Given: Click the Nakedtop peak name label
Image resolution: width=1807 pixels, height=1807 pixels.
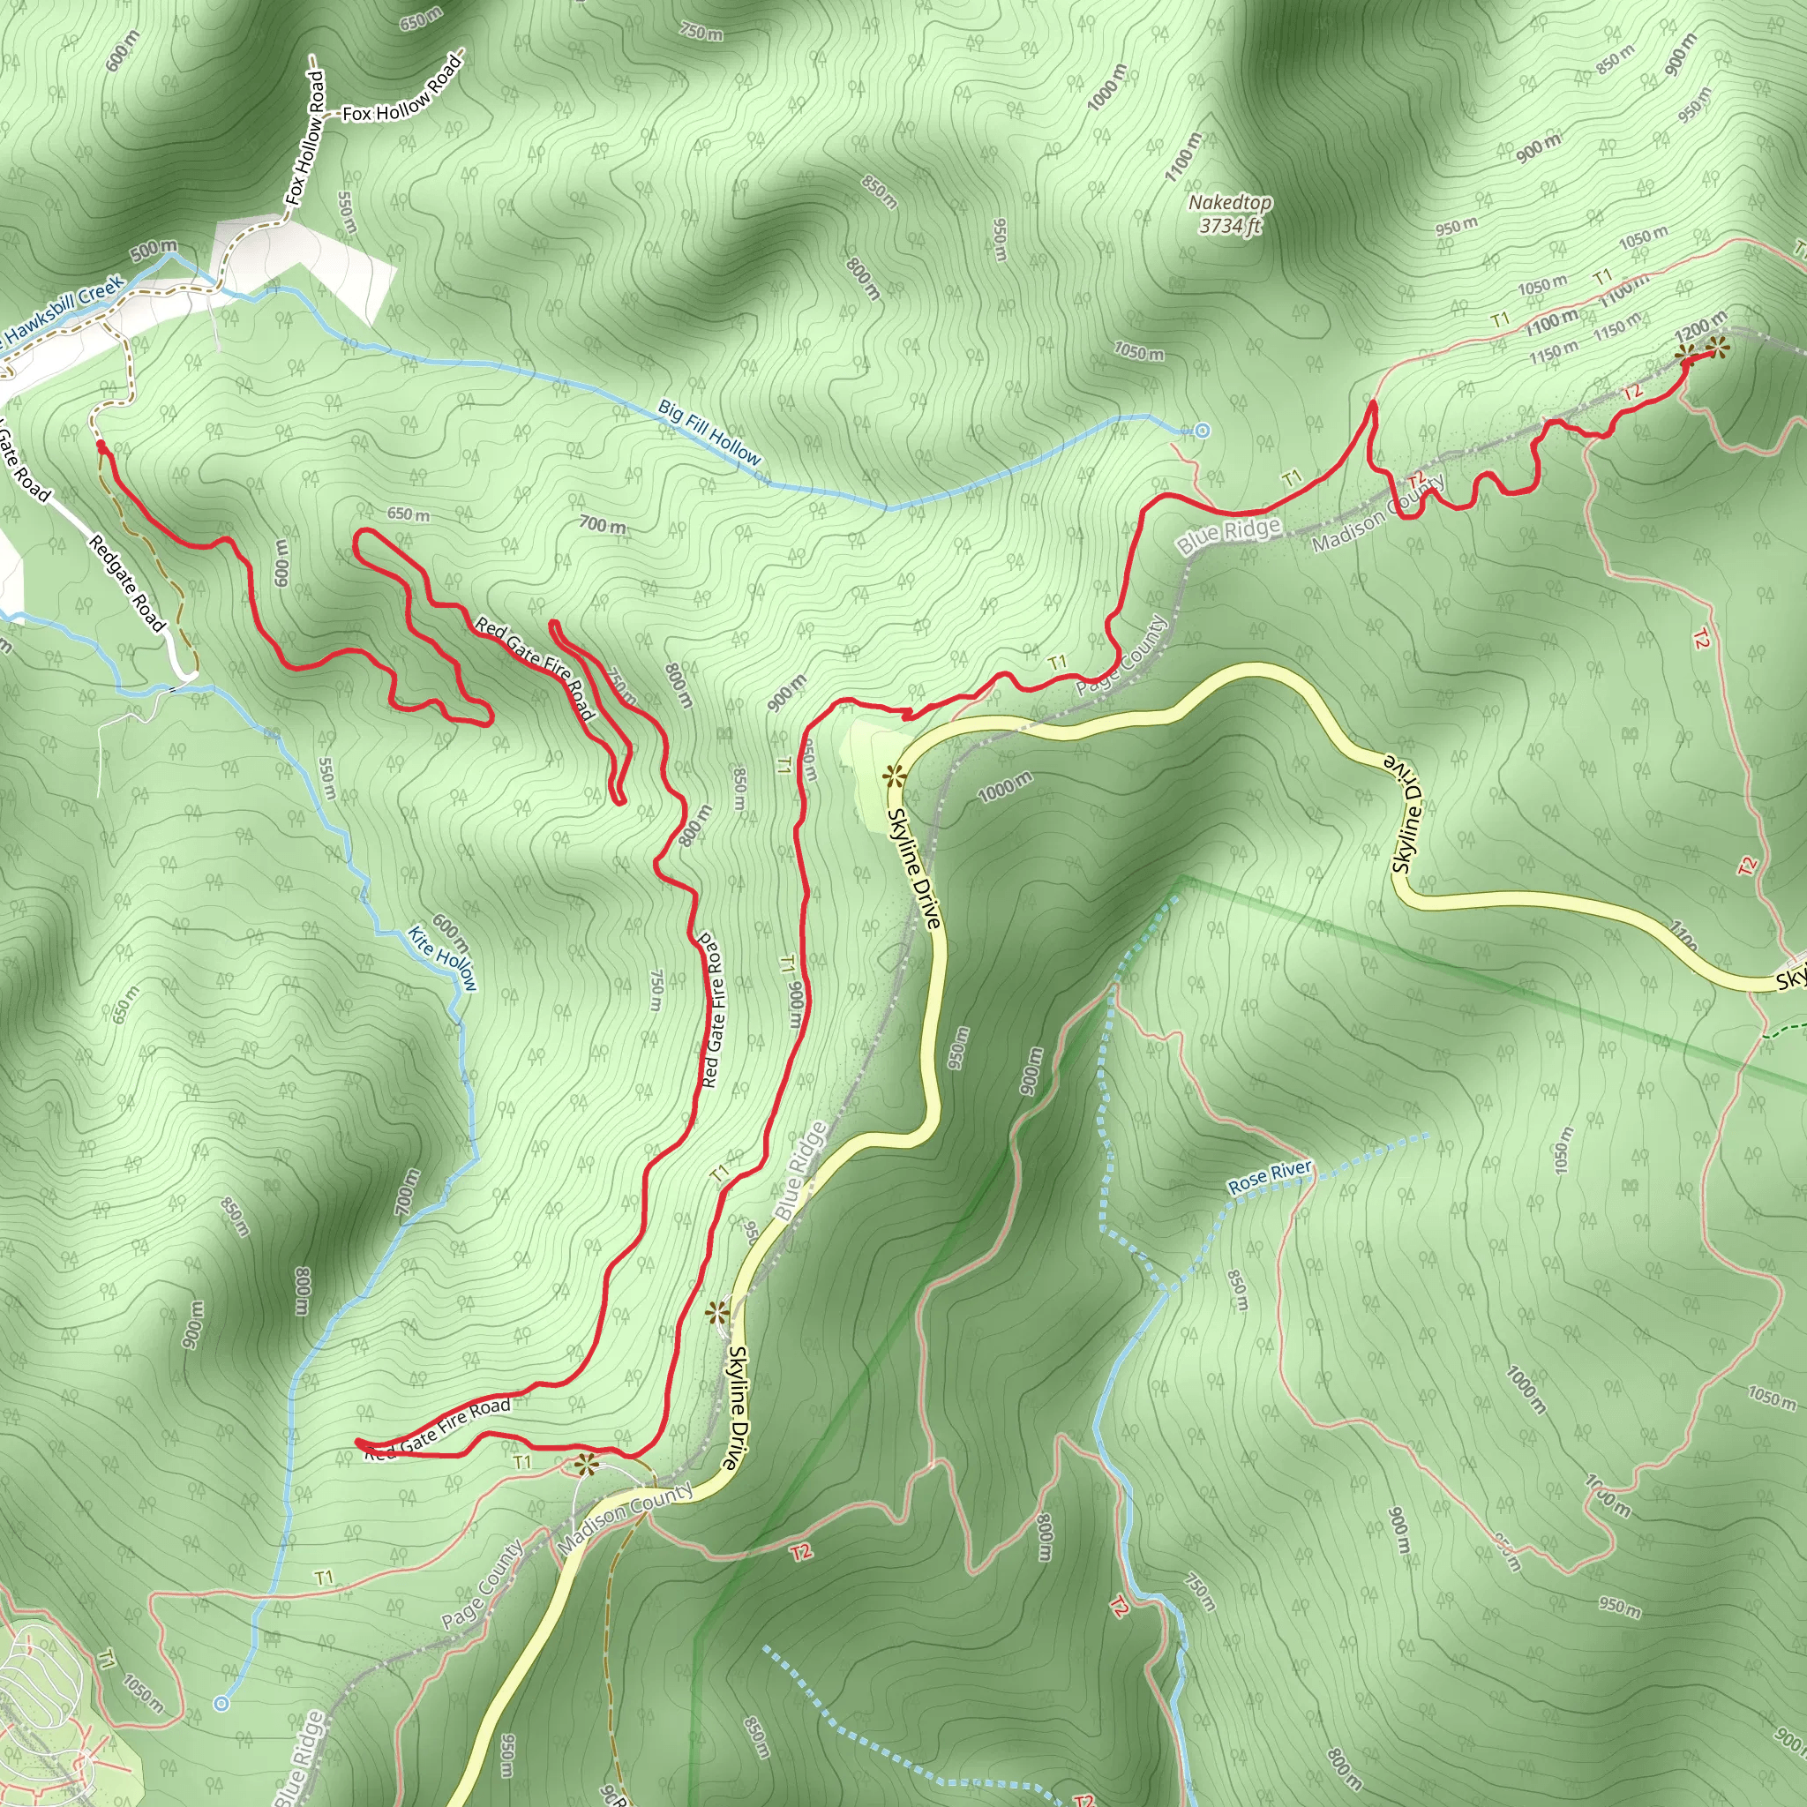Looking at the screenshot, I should [1229, 202].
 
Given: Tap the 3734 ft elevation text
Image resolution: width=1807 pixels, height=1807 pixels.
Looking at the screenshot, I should [1229, 225].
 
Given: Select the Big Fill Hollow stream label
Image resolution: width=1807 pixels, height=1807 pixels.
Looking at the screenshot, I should [709, 432].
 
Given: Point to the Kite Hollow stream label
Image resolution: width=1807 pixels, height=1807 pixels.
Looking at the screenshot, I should [442, 959].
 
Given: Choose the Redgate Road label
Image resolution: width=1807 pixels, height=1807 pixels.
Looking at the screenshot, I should [127, 582].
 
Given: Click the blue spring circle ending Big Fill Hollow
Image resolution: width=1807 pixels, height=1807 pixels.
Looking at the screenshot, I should [1203, 431].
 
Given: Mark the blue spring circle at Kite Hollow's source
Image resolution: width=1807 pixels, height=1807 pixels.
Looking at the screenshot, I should [221, 1703].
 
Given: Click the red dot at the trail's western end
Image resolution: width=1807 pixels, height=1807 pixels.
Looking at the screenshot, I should [100, 447].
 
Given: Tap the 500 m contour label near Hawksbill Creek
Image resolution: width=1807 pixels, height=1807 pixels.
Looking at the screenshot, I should [154, 251].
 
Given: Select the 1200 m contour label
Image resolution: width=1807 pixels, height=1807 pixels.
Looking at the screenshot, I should [1698, 326].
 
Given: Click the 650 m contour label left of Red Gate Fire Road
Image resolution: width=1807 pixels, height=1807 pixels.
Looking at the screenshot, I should [409, 514].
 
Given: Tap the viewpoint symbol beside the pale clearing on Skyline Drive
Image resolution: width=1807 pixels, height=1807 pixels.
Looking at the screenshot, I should [893, 775].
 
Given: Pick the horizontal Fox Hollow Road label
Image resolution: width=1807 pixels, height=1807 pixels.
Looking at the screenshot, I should [402, 95].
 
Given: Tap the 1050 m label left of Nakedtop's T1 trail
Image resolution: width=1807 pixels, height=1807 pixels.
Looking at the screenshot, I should [1138, 352].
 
